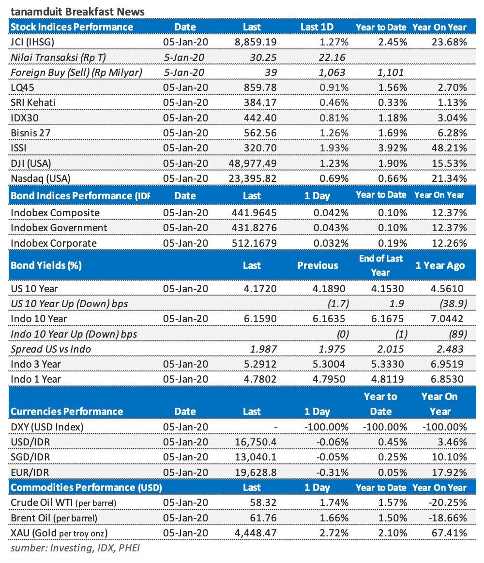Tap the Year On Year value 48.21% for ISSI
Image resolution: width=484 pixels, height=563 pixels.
coord(448,148)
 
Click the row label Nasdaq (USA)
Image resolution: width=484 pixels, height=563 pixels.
coord(41,178)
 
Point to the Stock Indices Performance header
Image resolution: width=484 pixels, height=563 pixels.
coord(72,27)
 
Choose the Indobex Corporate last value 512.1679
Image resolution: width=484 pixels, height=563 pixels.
coord(252,243)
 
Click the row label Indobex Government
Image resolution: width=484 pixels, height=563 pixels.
coord(59,227)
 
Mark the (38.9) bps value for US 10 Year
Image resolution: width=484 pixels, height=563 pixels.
coord(454,304)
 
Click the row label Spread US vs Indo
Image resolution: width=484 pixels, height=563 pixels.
coord(51,349)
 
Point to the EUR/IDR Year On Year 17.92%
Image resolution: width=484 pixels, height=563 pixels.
coord(448,472)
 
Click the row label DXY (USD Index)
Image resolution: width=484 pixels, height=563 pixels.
coord(47,427)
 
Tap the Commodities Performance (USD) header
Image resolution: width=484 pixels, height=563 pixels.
coord(86,487)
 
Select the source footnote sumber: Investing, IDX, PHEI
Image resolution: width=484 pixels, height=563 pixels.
coord(76,548)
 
